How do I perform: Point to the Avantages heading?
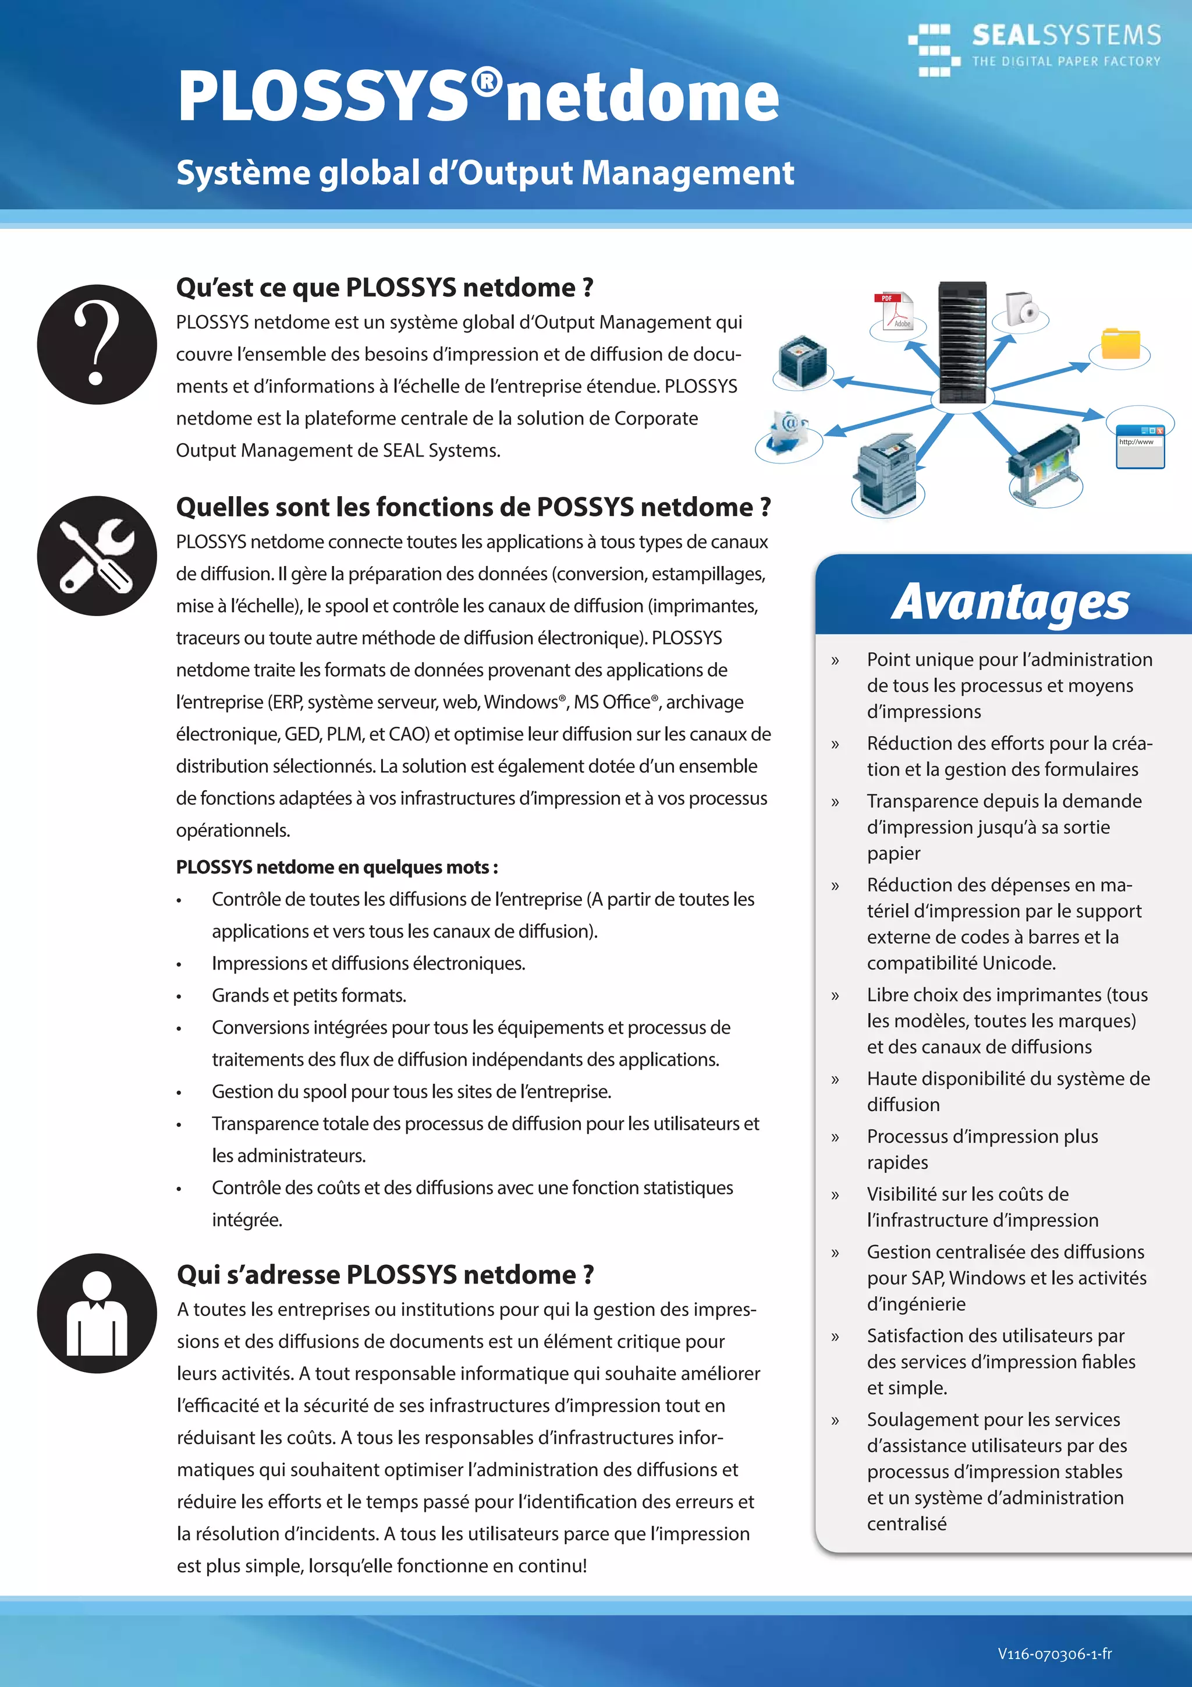tap(1010, 603)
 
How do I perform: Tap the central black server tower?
tap(962, 342)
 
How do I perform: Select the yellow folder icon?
tap(1120, 344)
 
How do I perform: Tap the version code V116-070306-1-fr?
tap(1054, 1654)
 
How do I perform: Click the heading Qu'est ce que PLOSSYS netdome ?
tap(384, 287)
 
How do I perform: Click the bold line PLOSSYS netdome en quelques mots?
tap(336, 867)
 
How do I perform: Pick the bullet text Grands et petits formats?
tap(308, 996)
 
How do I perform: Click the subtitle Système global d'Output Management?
tap(485, 174)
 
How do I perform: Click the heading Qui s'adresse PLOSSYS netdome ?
tap(385, 1275)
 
